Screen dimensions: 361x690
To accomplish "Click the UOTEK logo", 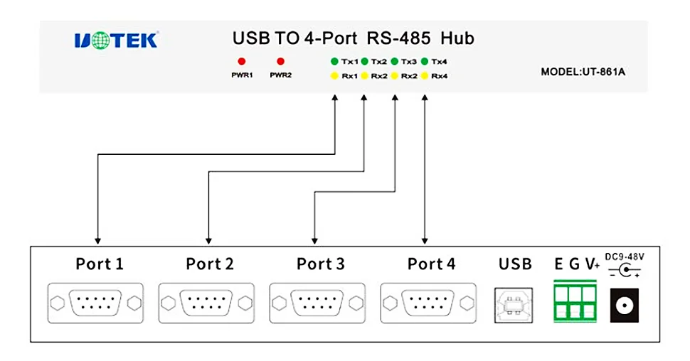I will click(x=115, y=41).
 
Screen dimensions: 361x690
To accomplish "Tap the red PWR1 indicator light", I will click(x=242, y=61).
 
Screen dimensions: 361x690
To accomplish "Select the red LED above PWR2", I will click(x=281, y=61).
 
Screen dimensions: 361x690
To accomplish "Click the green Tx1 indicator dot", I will click(x=334, y=61).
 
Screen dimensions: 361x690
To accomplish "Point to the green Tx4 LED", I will click(x=425, y=61).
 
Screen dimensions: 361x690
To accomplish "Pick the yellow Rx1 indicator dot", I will click(x=334, y=75).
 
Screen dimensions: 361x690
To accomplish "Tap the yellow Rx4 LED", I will click(x=425, y=75).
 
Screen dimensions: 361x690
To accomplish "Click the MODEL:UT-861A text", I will click(x=588, y=72).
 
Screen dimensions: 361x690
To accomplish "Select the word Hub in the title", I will click(x=457, y=38).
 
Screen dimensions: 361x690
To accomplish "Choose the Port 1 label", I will click(x=100, y=264).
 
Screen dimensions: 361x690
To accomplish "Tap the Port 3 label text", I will click(x=321, y=264).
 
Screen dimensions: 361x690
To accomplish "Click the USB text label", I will click(x=514, y=264).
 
